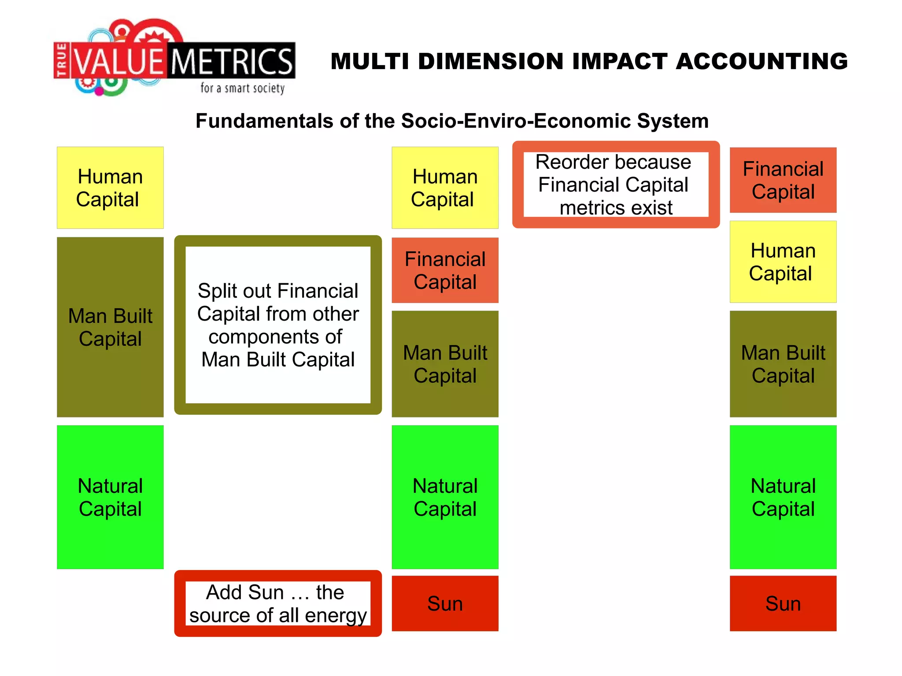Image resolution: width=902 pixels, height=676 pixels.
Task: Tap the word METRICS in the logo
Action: click(232, 62)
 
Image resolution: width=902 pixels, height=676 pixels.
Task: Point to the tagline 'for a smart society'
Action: click(242, 88)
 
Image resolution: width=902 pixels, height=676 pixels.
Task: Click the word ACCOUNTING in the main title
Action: click(761, 61)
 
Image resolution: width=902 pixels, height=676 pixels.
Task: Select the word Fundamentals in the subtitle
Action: click(264, 121)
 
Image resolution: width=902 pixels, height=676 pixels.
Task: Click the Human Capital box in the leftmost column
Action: click(110, 188)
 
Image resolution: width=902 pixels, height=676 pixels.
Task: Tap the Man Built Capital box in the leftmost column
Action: click(110, 327)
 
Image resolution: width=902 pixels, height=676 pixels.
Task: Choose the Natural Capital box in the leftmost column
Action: click(110, 497)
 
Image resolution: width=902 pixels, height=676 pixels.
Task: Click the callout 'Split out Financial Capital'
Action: click(278, 325)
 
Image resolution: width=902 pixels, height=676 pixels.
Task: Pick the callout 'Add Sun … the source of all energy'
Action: click(278, 603)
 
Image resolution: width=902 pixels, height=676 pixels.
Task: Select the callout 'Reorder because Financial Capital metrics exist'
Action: click(616, 185)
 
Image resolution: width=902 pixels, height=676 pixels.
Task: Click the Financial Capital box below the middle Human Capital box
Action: click(445, 270)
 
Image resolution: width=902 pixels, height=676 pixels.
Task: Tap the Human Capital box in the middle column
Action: click(445, 188)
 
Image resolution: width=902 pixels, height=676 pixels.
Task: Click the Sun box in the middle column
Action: click(445, 603)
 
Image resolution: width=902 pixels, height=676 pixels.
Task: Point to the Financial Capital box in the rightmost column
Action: click(783, 180)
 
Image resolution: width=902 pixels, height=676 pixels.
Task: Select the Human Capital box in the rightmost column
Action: click(783, 262)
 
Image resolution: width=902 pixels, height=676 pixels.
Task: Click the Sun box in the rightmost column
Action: click(783, 603)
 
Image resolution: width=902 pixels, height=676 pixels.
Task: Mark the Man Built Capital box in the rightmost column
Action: click(783, 364)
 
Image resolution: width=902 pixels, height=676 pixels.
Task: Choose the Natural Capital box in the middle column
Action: click(445, 497)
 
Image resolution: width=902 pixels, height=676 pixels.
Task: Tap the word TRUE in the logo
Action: click(62, 60)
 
